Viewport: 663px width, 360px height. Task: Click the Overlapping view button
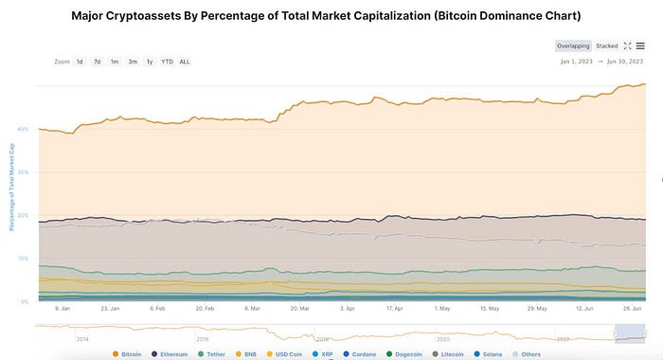click(572, 45)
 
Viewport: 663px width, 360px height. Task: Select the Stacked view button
click(607, 45)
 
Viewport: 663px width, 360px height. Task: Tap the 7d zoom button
click(97, 62)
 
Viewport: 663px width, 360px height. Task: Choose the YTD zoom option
click(167, 62)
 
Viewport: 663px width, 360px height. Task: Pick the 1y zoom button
click(150, 62)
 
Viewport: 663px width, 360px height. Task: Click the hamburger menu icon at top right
click(640, 45)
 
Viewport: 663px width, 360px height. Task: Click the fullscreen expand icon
click(627, 45)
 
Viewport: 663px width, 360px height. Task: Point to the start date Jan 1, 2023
click(577, 63)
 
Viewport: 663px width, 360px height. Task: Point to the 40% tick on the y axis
click(23, 129)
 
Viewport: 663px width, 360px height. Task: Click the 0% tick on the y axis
click(25, 301)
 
